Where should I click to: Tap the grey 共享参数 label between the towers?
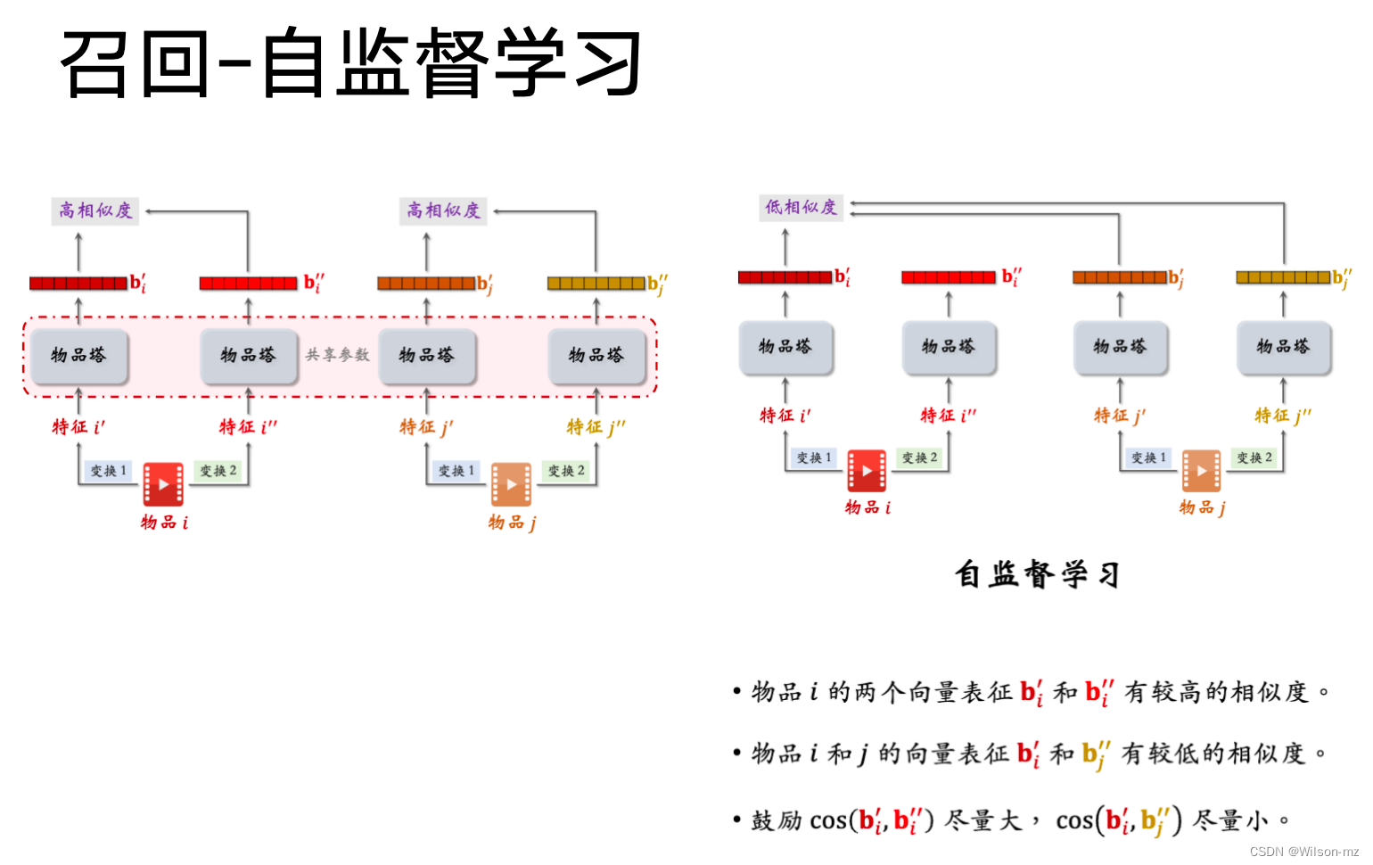pyautogui.click(x=337, y=355)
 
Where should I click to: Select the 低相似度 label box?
pyautogui.click(x=801, y=208)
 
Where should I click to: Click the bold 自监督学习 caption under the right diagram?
pyautogui.click(x=1037, y=574)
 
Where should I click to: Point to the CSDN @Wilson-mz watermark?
pyautogui.click(x=1303, y=852)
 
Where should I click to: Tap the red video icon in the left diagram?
pyautogui.click(x=163, y=484)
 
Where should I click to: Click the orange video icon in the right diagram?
pyautogui.click(x=1201, y=471)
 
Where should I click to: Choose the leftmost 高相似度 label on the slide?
pyautogui.click(x=95, y=211)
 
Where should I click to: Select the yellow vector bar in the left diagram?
pyautogui.click(x=596, y=284)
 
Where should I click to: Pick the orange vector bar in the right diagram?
pyautogui.click(x=1120, y=277)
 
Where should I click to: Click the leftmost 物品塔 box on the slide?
pyautogui.click(x=78, y=355)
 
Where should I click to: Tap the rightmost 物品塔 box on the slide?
pyautogui.click(x=1283, y=346)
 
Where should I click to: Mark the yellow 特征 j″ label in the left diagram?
pyautogui.click(x=596, y=427)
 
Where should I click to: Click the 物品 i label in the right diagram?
pyautogui.click(x=867, y=507)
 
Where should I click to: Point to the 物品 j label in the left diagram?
pyautogui.click(x=512, y=523)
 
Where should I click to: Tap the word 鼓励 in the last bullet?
pyautogui.click(x=777, y=820)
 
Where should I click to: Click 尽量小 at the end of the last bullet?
pyautogui.click(x=1229, y=820)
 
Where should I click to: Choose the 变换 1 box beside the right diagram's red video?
pyautogui.click(x=814, y=457)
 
